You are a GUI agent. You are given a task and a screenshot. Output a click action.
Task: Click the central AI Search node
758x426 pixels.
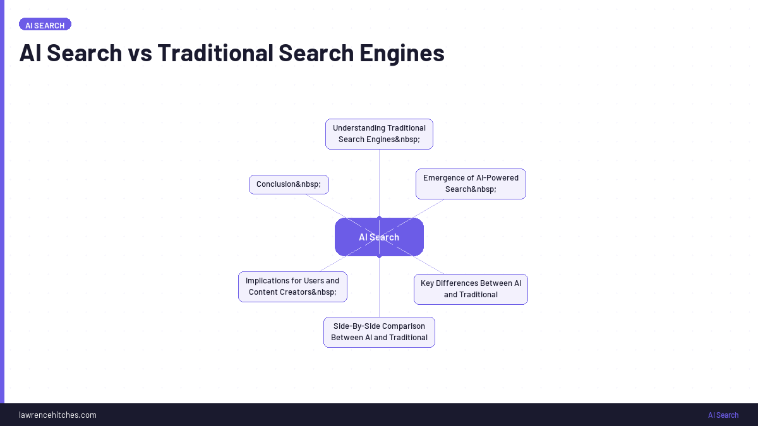click(379, 237)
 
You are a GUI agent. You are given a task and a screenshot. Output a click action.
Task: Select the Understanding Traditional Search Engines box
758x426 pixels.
click(379, 134)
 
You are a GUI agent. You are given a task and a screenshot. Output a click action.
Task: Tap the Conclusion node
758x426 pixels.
click(289, 184)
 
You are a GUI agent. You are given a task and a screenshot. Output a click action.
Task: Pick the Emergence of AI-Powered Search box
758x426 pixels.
click(471, 184)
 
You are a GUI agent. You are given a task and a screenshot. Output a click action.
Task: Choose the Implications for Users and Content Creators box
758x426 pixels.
click(292, 287)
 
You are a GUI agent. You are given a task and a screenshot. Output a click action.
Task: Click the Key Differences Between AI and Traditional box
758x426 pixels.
click(471, 289)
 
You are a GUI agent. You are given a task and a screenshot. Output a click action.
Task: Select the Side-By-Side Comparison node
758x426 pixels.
click(379, 332)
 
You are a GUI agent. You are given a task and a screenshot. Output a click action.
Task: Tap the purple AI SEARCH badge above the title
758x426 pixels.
click(45, 25)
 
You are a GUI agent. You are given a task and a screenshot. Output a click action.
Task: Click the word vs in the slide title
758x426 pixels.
click(140, 53)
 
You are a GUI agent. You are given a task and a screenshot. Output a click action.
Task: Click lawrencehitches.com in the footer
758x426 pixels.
click(57, 415)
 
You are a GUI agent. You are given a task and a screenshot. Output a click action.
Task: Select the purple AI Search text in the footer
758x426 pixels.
click(723, 415)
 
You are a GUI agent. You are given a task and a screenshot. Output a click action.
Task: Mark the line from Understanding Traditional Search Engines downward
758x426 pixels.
click(379, 183)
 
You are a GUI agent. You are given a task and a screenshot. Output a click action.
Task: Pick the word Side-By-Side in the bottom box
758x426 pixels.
click(356, 326)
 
